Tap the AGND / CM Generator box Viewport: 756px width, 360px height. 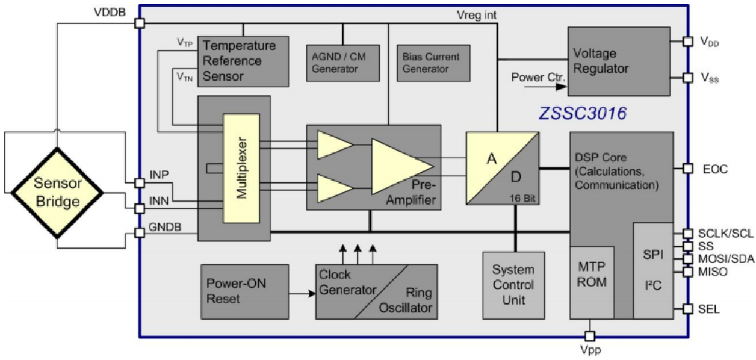(x=342, y=62)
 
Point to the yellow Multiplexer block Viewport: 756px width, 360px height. (x=241, y=168)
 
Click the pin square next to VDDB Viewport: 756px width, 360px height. (x=140, y=23)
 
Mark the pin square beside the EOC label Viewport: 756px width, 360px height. (x=688, y=169)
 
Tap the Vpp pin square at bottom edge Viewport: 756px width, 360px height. (x=590, y=336)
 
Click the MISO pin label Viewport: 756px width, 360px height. (x=713, y=272)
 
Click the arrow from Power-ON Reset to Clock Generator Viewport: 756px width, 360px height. (x=302, y=294)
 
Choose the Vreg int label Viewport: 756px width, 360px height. (x=476, y=15)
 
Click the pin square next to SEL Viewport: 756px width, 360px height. (x=688, y=309)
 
